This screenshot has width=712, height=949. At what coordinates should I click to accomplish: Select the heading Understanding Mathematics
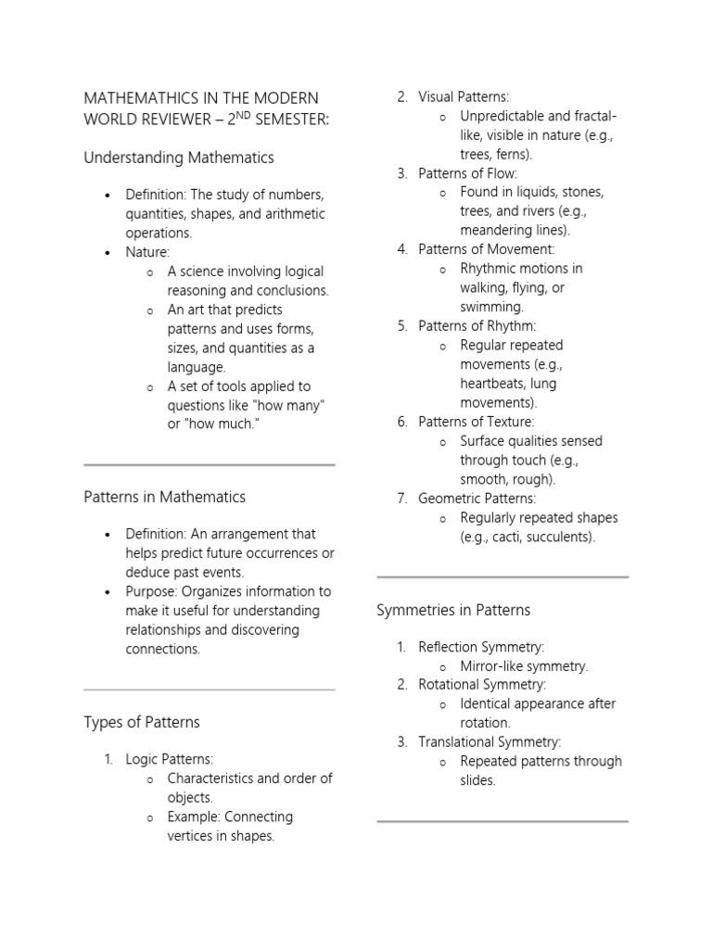click(x=179, y=158)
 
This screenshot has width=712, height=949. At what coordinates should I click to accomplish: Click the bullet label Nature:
click(x=148, y=252)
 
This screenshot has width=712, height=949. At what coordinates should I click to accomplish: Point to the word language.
click(x=196, y=367)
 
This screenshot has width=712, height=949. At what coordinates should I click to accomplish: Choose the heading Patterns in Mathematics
click(x=165, y=497)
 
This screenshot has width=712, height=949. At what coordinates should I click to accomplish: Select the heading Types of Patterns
click(x=142, y=722)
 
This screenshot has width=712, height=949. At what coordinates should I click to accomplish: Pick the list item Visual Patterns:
click(x=464, y=97)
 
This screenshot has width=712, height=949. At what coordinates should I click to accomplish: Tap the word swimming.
click(x=491, y=307)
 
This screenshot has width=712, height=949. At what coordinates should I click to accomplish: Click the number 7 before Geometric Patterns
click(x=401, y=499)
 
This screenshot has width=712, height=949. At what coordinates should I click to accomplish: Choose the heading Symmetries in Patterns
click(x=453, y=610)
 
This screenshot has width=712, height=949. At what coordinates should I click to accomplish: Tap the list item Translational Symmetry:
click(x=489, y=741)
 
